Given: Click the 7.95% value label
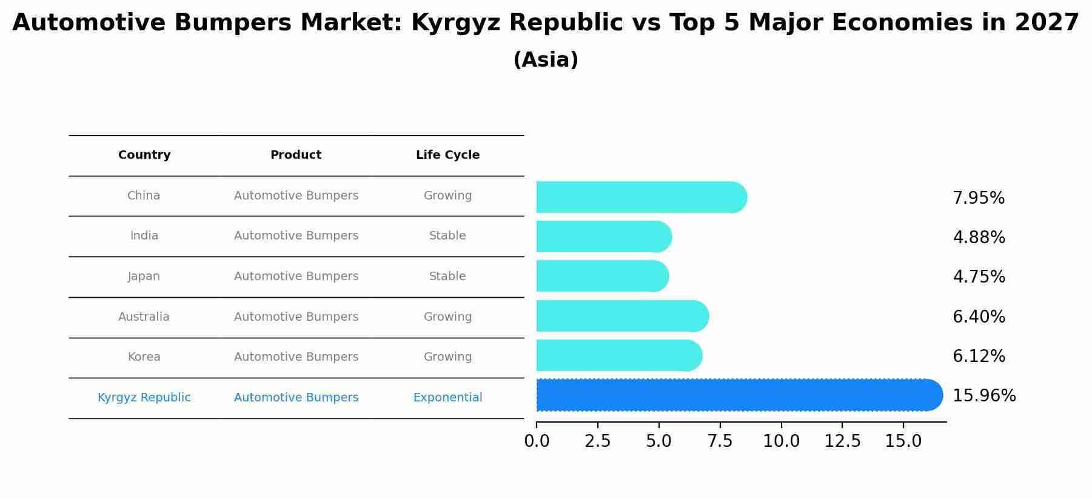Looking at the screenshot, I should pos(979,198).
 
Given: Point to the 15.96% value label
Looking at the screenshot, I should pos(983,396).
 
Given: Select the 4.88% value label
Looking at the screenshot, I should pos(979,238).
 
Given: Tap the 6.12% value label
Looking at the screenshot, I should pos(979,357).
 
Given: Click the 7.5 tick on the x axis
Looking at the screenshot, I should pos(720,441).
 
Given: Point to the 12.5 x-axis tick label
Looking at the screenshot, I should pos(842,441).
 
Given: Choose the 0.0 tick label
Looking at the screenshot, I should pos(537,441).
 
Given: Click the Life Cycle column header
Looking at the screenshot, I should pos(447,155).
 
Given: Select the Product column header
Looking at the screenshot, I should pos(296,155).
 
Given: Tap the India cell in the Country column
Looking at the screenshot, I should pos(144,236).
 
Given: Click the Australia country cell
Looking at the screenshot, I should pos(144,317).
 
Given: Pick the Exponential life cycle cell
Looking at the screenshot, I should pos(447,398).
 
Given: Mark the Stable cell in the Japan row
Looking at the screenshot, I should pos(447,276).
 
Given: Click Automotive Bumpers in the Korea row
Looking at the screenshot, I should pos(296,357).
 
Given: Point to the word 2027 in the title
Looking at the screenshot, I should pos(1047,23).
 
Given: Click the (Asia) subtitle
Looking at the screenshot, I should pos(546,60).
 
